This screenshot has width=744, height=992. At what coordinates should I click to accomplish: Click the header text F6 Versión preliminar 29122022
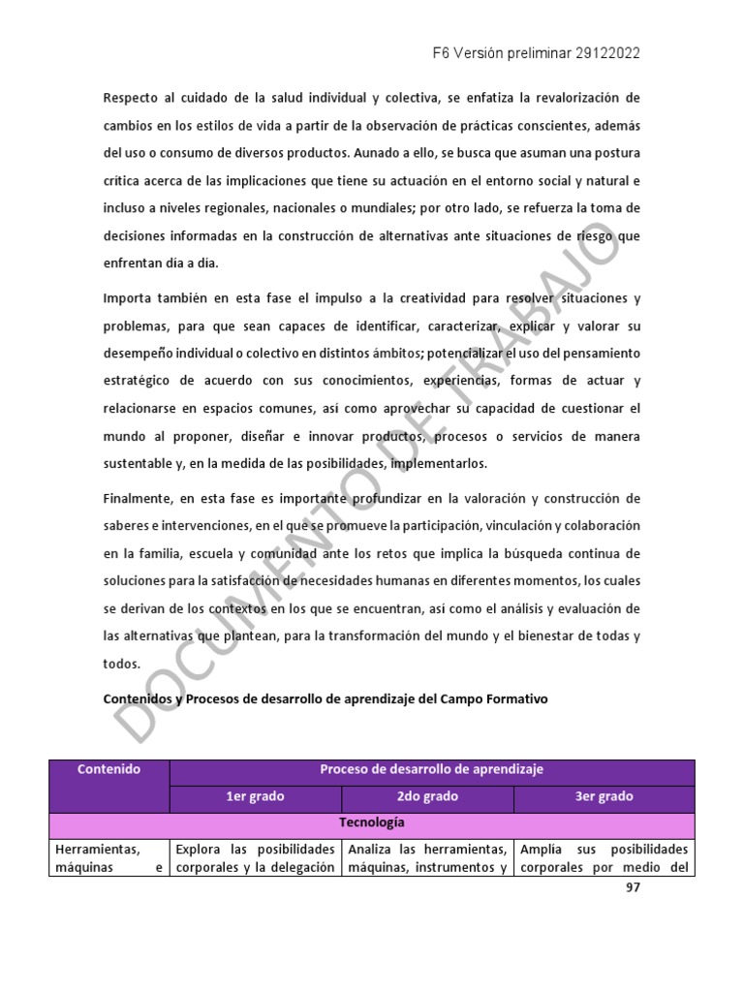[536, 53]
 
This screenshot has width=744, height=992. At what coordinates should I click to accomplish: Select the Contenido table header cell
[108, 769]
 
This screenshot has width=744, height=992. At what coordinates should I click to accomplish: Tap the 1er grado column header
[255, 796]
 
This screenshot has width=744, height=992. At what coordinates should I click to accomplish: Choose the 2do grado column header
[427, 796]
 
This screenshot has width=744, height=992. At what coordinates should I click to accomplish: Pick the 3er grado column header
[603, 796]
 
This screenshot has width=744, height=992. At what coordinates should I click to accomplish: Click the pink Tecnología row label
[372, 822]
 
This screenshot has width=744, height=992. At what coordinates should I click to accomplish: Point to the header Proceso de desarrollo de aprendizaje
[431, 769]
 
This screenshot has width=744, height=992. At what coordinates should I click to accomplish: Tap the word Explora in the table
[197, 849]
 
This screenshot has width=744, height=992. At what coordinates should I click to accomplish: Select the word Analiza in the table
[372, 849]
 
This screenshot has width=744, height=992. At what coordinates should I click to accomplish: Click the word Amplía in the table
[541, 849]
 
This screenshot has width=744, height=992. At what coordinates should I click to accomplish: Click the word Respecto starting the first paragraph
[131, 98]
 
